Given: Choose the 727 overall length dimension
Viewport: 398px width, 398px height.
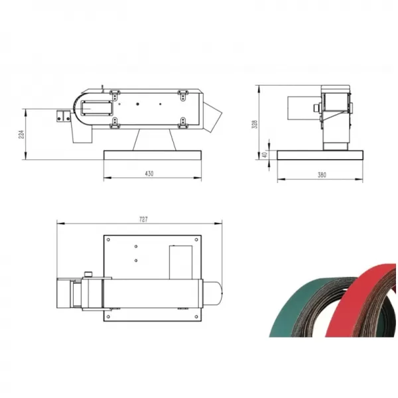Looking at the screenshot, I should coord(143,219).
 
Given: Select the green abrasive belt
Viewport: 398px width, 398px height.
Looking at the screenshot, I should coord(298,312).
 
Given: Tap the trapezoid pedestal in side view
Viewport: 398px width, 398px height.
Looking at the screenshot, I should coord(155,140).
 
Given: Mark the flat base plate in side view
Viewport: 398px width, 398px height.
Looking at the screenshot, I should coord(153,155).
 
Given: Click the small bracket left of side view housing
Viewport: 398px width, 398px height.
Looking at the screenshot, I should coord(64,115).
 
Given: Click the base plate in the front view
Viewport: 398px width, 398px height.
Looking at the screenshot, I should coord(320,155).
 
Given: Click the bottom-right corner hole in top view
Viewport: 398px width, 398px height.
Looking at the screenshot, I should coord(196,317).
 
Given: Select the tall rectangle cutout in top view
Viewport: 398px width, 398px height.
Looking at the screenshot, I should coord(180,261).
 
